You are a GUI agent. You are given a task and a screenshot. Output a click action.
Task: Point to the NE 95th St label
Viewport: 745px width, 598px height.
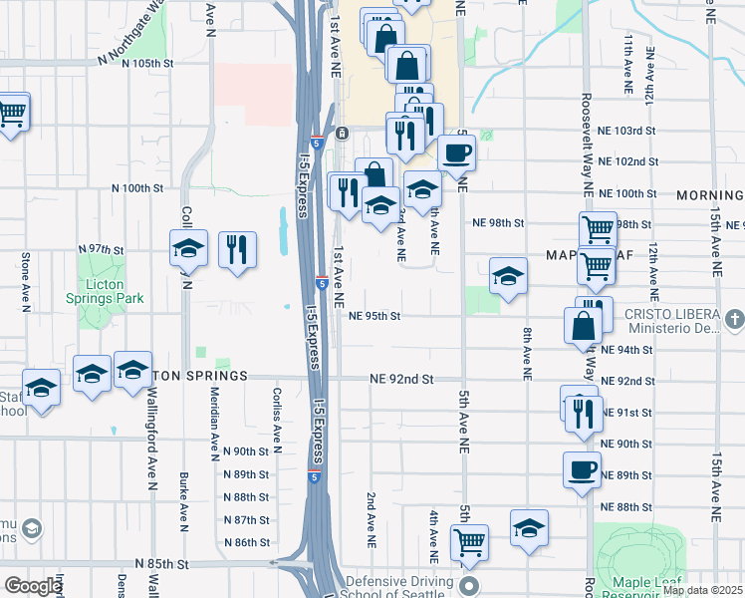[x=374, y=316]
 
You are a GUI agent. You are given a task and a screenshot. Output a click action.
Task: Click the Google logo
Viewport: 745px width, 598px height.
[x=32, y=586]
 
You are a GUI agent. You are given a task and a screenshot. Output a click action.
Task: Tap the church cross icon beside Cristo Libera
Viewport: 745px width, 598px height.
[x=734, y=319]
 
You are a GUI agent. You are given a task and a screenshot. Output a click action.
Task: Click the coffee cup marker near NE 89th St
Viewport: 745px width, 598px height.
[x=582, y=469]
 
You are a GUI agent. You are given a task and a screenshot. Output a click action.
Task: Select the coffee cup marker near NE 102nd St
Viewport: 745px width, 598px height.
[x=457, y=152]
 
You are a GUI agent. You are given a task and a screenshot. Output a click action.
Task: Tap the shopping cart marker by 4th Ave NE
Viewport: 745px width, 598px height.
[x=468, y=542]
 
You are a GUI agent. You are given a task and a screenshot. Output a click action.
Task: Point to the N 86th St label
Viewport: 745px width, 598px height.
[x=247, y=542]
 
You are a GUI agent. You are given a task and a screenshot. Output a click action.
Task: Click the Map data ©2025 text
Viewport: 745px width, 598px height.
[x=703, y=590]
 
